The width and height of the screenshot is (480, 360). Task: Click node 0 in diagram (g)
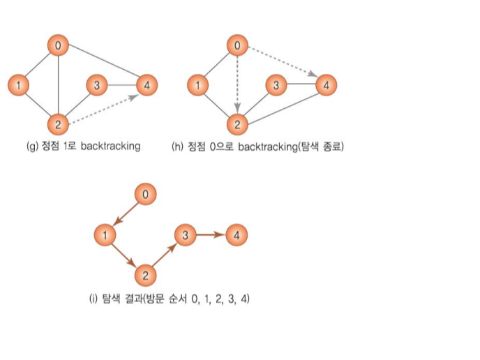[x=59, y=46]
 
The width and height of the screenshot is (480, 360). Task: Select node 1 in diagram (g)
[x=18, y=86]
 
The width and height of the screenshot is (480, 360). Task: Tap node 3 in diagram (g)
[x=96, y=86]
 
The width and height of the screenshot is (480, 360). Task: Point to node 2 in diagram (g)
[x=59, y=125]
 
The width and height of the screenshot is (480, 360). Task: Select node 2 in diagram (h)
[x=238, y=125]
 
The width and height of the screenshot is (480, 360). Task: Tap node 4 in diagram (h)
[x=325, y=86]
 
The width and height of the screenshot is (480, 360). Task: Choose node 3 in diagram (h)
[x=276, y=86]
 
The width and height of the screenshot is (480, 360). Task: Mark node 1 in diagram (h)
[x=198, y=86]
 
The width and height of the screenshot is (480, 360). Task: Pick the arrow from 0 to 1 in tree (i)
[x=126, y=214]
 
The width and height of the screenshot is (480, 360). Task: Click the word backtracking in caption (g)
[x=110, y=147]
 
